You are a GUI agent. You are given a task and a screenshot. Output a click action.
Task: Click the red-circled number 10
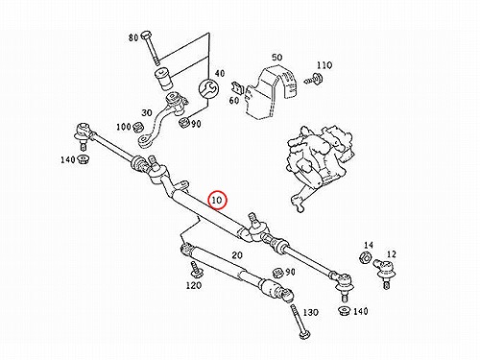tap(217, 200)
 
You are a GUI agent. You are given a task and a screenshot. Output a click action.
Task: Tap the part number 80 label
tap(133, 37)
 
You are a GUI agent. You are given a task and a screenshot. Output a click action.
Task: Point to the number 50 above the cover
tap(277, 58)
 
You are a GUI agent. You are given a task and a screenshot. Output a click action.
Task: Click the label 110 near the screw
tap(324, 65)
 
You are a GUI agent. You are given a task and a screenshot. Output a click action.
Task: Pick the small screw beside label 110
tap(314, 79)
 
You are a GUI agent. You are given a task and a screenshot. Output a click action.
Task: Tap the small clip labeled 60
tap(237, 87)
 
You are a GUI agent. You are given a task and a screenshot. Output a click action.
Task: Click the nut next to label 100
tap(138, 127)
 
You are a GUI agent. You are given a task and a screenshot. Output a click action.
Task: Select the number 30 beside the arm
tap(147, 112)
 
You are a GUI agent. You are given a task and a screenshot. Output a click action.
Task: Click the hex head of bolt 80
tap(146, 35)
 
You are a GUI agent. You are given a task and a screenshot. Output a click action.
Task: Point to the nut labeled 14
tap(365, 257)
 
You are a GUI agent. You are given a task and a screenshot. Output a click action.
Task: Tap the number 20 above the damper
tap(237, 255)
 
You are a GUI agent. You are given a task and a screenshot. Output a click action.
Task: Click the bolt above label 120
tap(194, 270)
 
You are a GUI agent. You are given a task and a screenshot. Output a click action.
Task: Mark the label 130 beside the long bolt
tap(310, 312)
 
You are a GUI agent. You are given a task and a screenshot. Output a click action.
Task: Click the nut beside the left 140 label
tap(84, 159)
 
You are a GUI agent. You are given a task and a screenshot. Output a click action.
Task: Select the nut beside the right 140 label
tap(345, 311)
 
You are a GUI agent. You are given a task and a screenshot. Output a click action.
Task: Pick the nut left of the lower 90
tap(277, 274)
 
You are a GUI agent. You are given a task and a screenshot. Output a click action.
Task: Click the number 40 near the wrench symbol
tap(220, 73)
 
